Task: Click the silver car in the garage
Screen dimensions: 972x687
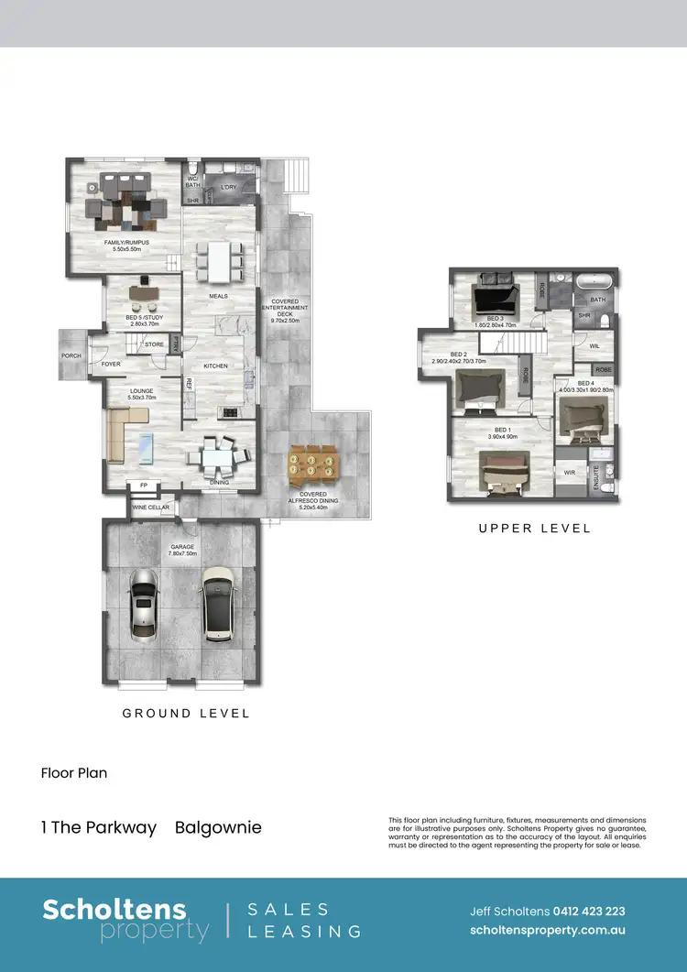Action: (146, 605)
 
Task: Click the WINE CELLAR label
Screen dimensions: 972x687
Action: (151, 507)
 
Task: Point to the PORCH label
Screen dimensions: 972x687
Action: (71, 356)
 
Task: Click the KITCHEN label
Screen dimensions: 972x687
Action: (215, 366)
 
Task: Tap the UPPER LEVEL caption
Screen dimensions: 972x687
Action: (534, 529)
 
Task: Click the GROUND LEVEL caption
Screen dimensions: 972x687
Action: (186, 713)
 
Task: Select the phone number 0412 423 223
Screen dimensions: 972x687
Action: (589, 912)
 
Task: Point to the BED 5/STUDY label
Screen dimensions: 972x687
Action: (142, 321)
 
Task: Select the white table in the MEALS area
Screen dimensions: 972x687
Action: (219, 259)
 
